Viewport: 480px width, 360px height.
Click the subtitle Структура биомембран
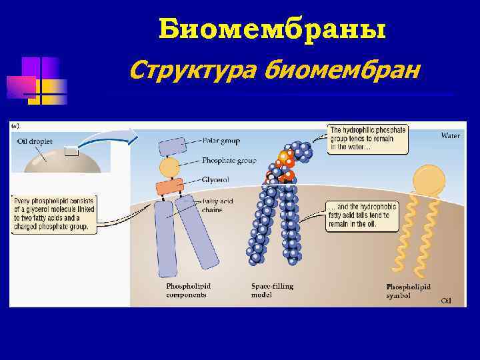point(275,68)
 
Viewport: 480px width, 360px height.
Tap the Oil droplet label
point(35,140)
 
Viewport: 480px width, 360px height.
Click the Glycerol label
point(217,180)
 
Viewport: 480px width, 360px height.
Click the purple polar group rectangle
point(173,146)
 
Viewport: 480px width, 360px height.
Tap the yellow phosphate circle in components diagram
point(169,167)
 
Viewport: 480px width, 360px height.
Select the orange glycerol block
point(169,187)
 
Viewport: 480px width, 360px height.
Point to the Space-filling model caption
point(272,291)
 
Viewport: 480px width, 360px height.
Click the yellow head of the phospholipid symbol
point(428,179)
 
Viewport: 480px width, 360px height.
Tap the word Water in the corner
point(451,135)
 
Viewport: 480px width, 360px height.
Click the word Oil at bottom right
point(446,301)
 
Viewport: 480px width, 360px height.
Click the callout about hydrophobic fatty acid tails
point(361,215)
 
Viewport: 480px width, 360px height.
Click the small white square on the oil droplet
point(71,151)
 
